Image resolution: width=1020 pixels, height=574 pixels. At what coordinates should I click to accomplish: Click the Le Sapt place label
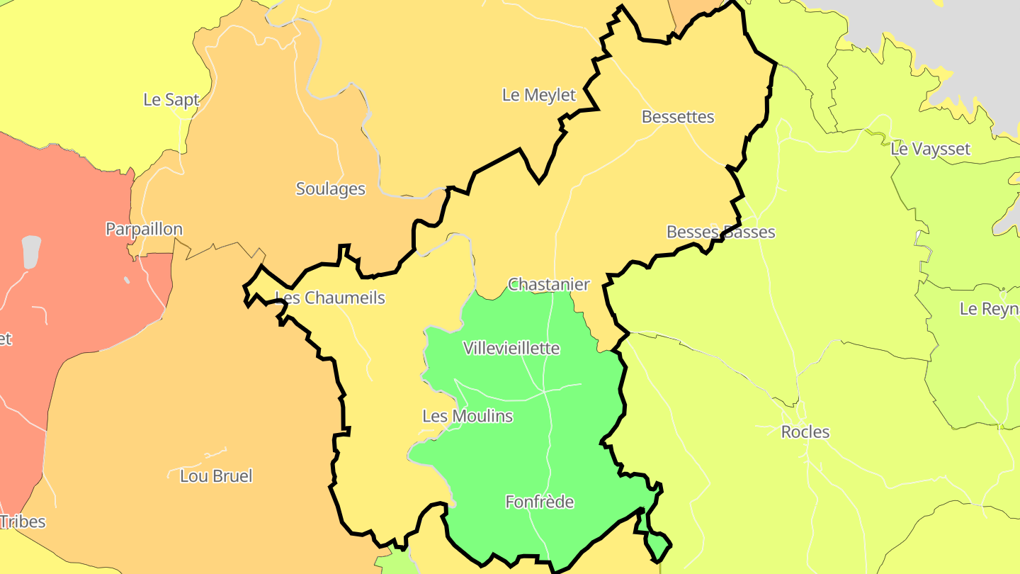[x=171, y=100]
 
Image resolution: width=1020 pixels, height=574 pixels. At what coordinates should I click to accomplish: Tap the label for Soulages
[x=330, y=189]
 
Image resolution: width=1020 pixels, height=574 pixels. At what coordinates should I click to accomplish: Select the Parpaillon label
[x=144, y=230]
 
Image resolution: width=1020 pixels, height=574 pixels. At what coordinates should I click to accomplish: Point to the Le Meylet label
[x=539, y=95]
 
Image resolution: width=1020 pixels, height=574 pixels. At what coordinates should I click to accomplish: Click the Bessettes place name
[x=678, y=117]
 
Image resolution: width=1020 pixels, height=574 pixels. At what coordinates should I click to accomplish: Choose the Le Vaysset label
[x=930, y=150]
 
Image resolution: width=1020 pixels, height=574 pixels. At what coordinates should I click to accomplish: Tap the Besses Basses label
[x=720, y=232]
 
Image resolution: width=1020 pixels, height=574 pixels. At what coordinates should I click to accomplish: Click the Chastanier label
[x=549, y=285]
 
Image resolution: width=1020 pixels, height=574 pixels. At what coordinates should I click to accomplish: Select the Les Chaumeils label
[x=330, y=298]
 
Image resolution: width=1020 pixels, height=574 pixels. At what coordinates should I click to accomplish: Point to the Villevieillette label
[x=511, y=349]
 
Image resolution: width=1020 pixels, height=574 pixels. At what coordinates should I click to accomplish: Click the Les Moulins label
[x=467, y=417]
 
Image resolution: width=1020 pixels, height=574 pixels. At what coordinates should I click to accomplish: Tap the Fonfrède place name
[x=539, y=502]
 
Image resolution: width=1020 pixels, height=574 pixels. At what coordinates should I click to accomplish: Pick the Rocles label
[x=805, y=432]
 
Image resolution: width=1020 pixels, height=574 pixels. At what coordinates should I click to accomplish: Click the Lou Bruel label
[x=216, y=476]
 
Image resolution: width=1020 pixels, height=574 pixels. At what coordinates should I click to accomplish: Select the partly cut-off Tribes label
[x=23, y=522]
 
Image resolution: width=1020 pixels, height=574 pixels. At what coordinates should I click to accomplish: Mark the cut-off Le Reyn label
[x=989, y=310]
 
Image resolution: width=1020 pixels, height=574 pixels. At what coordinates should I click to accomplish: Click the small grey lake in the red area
[x=31, y=252]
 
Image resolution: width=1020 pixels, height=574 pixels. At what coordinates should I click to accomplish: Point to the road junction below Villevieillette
[x=543, y=390]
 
